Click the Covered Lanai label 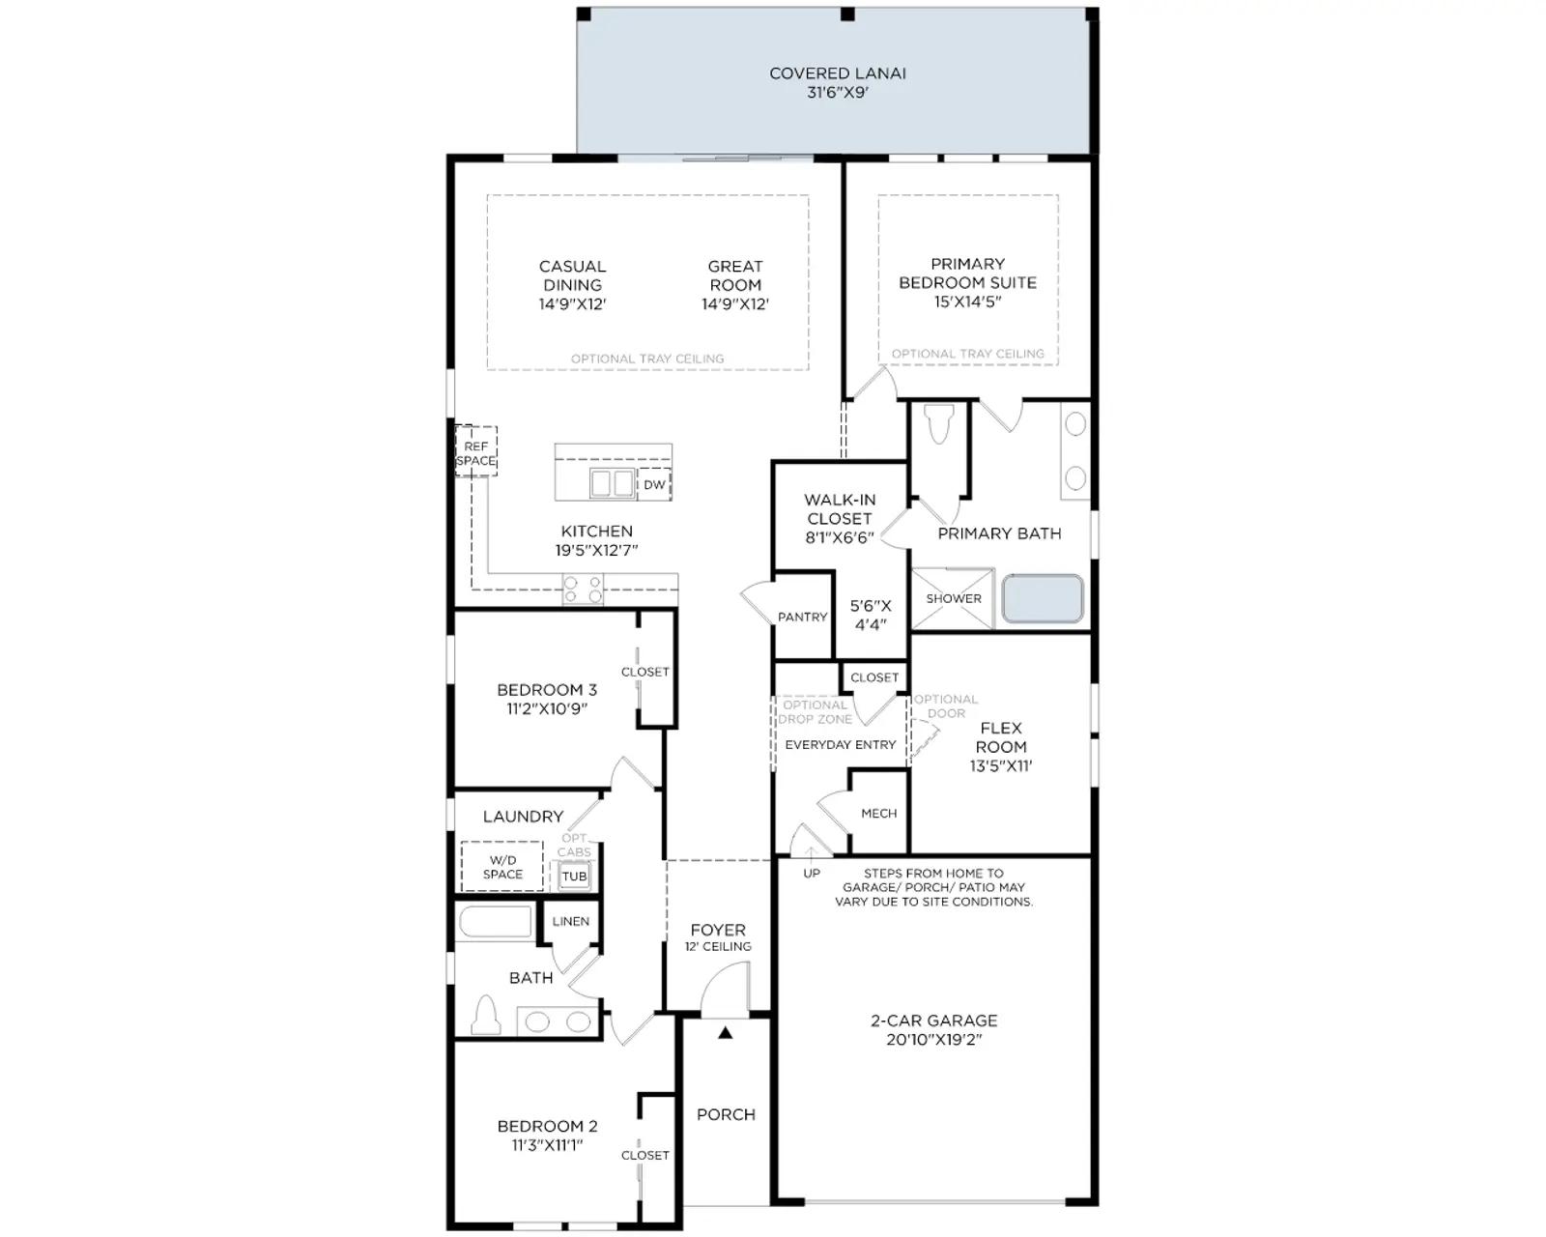837,73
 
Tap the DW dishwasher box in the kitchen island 654,484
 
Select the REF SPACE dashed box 475,450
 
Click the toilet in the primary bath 939,424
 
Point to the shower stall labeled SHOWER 953,599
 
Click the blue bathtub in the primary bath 1043,598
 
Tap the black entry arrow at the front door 726,1032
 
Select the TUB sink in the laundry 574,877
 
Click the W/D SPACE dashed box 502,866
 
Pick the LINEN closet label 570,921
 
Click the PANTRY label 802,617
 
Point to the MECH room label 878,813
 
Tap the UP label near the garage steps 812,874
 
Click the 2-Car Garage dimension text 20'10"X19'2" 934,1039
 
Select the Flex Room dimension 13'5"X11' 1001,765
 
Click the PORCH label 726,1115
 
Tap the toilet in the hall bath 486,1014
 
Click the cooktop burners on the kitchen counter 583,589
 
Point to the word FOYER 718,930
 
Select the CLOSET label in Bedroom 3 645,672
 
